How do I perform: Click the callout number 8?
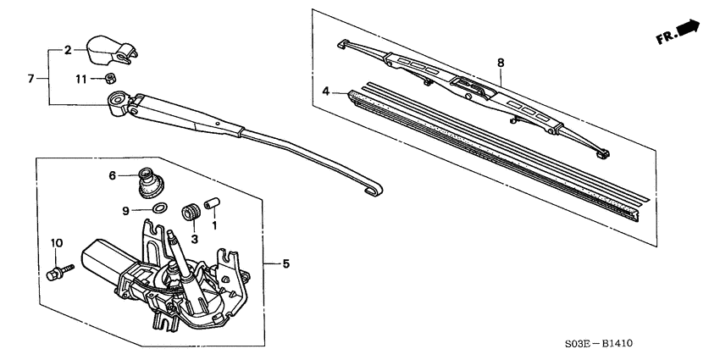[x=500, y=63]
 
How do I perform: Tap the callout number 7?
[x=30, y=79]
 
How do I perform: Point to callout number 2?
[x=68, y=51]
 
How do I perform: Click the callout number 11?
[x=80, y=79]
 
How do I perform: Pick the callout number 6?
[x=111, y=175]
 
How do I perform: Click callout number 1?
[x=214, y=226]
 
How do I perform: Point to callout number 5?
[x=285, y=264]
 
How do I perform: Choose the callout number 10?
[x=57, y=244]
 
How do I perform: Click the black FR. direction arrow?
[x=689, y=31]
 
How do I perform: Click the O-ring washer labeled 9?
[x=158, y=208]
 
